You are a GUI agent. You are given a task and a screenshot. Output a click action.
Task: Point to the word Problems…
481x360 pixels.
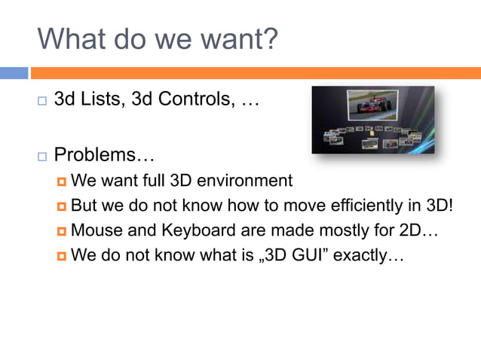pyautogui.click(x=105, y=156)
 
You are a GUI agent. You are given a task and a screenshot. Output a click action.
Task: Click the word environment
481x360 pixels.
pyautogui.click(x=244, y=181)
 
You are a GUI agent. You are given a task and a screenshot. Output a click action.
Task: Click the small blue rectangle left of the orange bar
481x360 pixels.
pyautogui.click(x=14, y=73)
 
